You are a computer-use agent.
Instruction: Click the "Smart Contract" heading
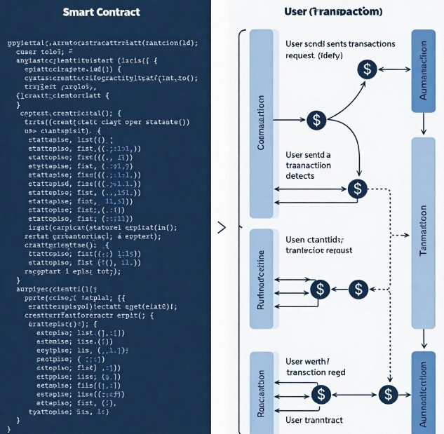click(x=101, y=12)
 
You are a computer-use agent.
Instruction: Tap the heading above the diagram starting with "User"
click(x=333, y=12)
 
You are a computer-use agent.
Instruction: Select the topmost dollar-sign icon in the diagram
click(x=366, y=69)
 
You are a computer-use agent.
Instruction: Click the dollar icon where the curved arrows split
click(x=317, y=120)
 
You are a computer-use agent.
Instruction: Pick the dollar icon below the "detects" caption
click(x=358, y=188)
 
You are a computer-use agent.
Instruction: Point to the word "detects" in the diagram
click(x=301, y=176)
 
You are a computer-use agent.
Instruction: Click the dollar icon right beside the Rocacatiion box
click(x=320, y=394)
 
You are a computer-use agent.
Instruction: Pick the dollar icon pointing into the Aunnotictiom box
click(x=388, y=394)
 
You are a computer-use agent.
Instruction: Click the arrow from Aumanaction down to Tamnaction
click(x=423, y=125)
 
